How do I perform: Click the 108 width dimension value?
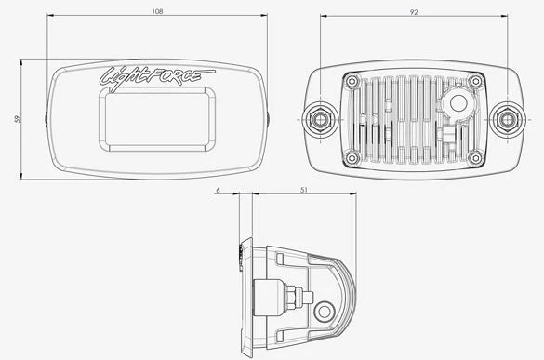pos(157,11)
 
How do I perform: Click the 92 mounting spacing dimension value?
pos(414,12)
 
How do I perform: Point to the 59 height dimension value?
pos(17,119)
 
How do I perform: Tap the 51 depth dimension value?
pos(304,190)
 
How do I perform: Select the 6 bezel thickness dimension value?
pos(218,190)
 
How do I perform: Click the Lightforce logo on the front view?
pos(157,79)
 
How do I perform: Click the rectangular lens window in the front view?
pos(157,119)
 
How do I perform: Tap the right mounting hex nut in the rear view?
pos(507,119)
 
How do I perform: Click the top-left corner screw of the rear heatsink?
pos(352,82)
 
